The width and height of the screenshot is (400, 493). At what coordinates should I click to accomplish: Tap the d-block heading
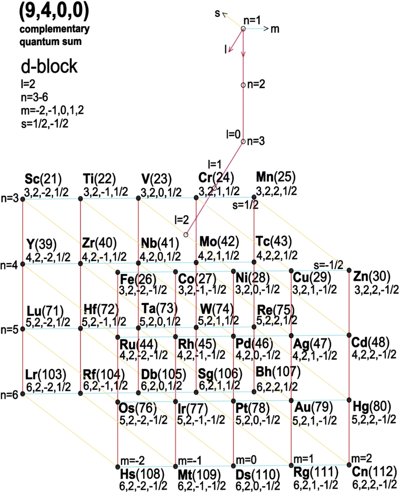click(x=49, y=66)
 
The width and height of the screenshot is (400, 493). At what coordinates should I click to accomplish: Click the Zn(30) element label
click(x=372, y=276)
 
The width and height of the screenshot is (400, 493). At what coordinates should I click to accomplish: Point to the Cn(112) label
click(x=374, y=471)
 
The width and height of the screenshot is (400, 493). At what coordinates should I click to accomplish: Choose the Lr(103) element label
click(x=46, y=375)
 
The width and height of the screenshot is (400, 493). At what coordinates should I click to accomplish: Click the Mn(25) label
click(x=276, y=177)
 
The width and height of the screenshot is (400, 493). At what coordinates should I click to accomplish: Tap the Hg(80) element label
click(x=372, y=406)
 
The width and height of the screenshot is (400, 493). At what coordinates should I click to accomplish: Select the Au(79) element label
click(x=313, y=407)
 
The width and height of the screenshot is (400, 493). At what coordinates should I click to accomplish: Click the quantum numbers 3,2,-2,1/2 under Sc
click(x=46, y=192)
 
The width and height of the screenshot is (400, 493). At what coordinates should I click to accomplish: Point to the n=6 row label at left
click(x=9, y=395)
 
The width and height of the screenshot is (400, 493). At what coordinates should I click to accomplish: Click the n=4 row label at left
click(x=9, y=265)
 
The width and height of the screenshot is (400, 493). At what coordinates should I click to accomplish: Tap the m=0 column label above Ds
click(x=246, y=460)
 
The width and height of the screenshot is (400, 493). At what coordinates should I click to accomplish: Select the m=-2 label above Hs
click(x=132, y=460)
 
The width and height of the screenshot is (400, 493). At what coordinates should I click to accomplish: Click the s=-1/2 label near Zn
click(x=328, y=264)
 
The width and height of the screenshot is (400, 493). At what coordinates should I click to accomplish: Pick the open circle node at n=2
click(x=243, y=85)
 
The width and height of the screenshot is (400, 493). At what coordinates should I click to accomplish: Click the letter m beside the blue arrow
click(x=275, y=29)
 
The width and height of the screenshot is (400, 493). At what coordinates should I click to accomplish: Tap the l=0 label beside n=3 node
click(x=233, y=135)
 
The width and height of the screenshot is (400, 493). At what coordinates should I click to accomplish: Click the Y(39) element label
click(x=41, y=244)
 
